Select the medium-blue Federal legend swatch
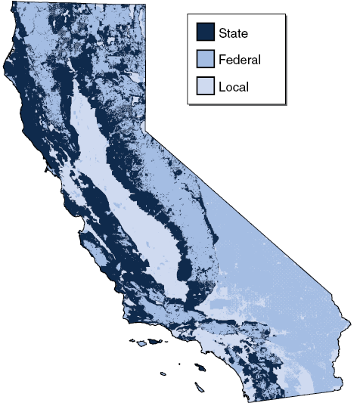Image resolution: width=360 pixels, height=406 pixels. pyautogui.click(x=204, y=59)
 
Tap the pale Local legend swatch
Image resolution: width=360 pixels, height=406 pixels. pyautogui.click(x=204, y=86)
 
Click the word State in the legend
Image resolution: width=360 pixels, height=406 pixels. pyautogui.click(x=233, y=33)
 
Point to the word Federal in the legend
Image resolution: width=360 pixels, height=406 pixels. pyautogui.click(x=239, y=59)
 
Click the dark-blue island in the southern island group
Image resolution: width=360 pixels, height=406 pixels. pyautogui.click(x=200, y=367)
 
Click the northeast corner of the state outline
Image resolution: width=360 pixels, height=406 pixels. pyautogui.click(x=145, y=4)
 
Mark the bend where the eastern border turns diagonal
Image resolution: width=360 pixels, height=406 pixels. pyautogui.click(x=146, y=130)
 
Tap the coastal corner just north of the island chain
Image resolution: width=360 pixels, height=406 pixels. pyautogui.click(x=125, y=318)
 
